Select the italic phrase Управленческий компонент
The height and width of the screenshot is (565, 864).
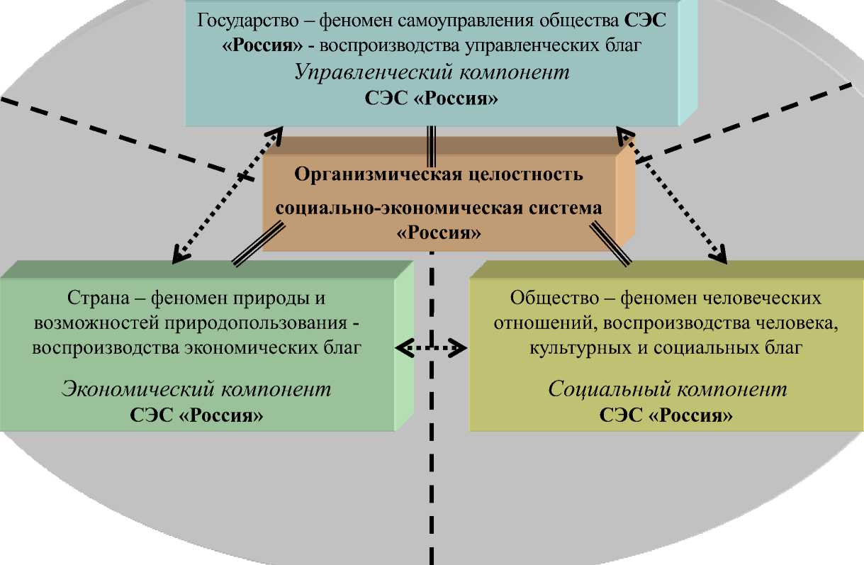(x=432, y=73)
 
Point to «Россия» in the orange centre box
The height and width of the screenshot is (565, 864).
(x=439, y=233)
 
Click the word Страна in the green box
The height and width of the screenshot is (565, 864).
(x=93, y=298)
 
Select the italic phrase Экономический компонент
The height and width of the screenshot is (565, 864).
(x=196, y=389)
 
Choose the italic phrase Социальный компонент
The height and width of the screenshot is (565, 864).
(x=668, y=389)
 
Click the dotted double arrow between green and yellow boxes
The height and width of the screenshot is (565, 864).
(x=432, y=348)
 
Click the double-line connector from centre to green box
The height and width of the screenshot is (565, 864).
(x=257, y=244)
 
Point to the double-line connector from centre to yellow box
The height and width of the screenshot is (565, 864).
(x=607, y=244)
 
